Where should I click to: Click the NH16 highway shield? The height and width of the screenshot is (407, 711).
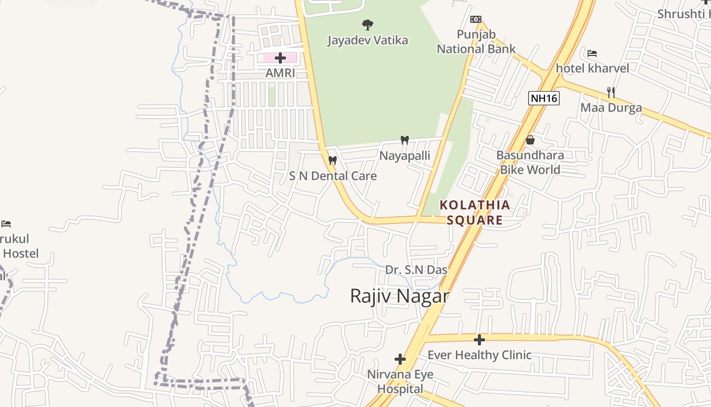pyautogui.click(x=543, y=98)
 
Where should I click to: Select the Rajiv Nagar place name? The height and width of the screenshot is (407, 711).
pyautogui.click(x=400, y=296)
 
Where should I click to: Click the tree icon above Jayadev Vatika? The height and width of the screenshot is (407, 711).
pyautogui.click(x=367, y=24)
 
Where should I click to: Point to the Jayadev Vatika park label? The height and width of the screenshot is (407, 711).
pyautogui.click(x=367, y=40)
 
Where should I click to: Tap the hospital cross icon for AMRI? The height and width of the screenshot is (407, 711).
pyautogui.click(x=280, y=58)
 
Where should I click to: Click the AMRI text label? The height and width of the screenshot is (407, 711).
pyautogui.click(x=280, y=73)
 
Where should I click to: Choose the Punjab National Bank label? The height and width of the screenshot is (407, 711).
pyautogui.click(x=476, y=42)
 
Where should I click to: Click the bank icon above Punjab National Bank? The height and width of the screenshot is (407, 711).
pyautogui.click(x=475, y=19)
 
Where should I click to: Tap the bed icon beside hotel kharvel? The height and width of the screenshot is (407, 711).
pyautogui.click(x=592, y=53)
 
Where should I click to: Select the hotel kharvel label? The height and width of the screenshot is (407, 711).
pyautogui.click(x=592, y=68)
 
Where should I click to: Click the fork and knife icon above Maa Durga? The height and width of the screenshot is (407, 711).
pyautogui.click(x=611, y=93)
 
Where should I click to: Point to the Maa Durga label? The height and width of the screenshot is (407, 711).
pyautogui.click(x=611, y=108)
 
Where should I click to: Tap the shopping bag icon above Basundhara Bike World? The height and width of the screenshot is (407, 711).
pyautogui.click(x=530, y=140)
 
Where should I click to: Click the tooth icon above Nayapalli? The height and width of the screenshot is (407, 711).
pyautogui.click(x=405, y=140)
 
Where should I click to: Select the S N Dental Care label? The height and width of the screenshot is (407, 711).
pyautogui.click(x=333, y=176)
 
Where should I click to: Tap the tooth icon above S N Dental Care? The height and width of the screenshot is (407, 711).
pyautogui.click(x=333, y=160)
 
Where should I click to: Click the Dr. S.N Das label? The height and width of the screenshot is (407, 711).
pyautogui.click(x=416, y=270)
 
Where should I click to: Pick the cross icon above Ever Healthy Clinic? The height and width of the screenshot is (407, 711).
pyautogui.click(x=479, y=339)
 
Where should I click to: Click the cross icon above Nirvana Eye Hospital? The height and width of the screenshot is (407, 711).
pyautogui.click(x=400, y=360)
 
